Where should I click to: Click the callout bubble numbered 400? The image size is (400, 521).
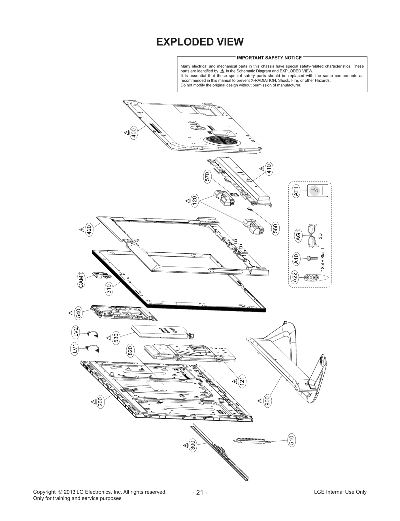134,133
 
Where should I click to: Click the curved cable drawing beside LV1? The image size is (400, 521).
92,348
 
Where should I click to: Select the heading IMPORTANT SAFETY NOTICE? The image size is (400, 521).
269,58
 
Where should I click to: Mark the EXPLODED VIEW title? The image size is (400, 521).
199,42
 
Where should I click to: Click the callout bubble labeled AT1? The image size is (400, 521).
296,191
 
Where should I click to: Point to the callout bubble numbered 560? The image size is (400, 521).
275,228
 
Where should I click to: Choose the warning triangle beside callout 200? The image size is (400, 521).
93,401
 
